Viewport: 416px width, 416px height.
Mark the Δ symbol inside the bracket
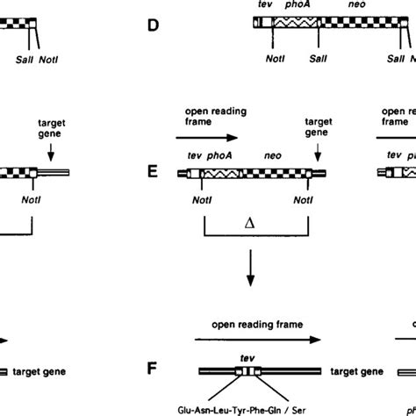coord(255,223)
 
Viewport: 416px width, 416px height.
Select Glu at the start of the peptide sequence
coord(182,408)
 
